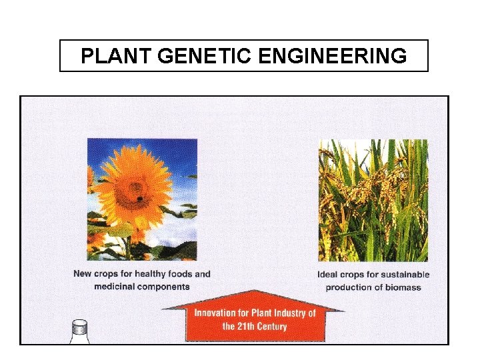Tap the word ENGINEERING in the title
331,56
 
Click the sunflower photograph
142,199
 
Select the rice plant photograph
373,200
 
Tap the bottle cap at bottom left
80,326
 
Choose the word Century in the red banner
273,327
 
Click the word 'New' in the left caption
83,274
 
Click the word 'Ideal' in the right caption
329,275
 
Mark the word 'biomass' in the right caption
404,287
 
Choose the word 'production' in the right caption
349,287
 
